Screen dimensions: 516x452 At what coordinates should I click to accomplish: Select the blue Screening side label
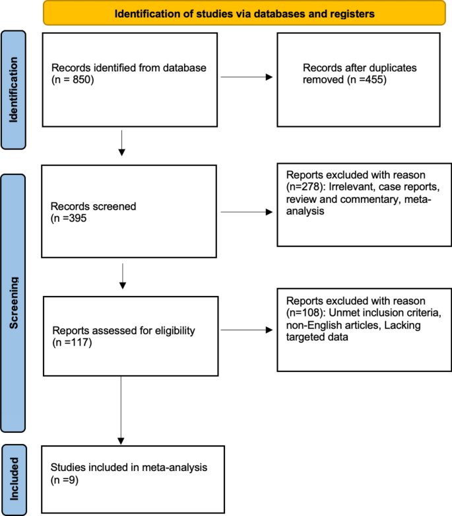pyautogui.click(x=13, y=303)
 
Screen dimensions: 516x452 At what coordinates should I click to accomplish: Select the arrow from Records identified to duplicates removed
pyautogui.click(x=247, y=77)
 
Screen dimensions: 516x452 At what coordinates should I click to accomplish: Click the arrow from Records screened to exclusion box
pyautogui.click(x=247, y=213)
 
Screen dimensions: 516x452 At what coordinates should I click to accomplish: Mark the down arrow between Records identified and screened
pyautogui.click(x=121, y=143)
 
